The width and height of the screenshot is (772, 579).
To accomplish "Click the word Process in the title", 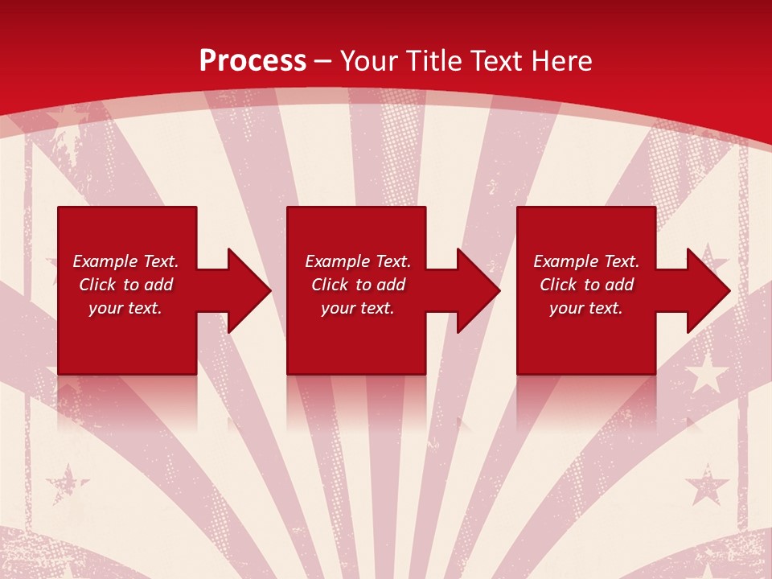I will (253, 61).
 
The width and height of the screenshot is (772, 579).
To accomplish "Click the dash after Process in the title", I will (323, 63).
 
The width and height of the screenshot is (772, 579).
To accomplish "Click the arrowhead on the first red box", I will (245, 290).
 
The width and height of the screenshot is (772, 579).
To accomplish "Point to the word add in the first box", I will (158, 285).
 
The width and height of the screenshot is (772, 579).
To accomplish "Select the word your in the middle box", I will (338, 308).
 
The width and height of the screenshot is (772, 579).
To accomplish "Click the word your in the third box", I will (566, 308).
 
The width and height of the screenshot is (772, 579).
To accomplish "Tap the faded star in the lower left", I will (68, 485).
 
